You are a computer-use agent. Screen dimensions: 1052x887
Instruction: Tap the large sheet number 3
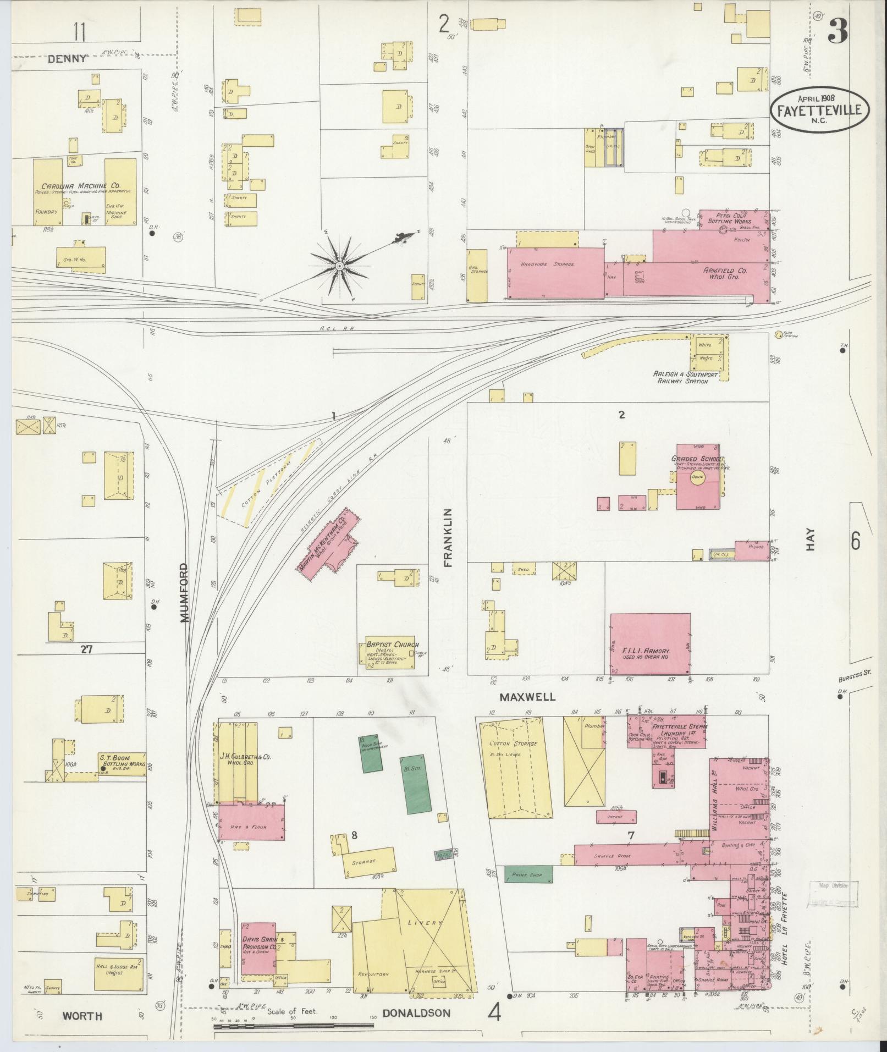(x=838, y=32)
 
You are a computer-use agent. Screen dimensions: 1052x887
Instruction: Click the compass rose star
(x=340, y=266)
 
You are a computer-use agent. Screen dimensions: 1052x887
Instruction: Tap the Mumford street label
(x=184, y=592)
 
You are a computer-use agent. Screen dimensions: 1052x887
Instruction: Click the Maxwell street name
(x=527, y=697)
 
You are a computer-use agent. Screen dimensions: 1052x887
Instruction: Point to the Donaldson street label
(x=416, y=1012)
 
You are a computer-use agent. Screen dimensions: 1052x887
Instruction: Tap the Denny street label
(x=67, y=58)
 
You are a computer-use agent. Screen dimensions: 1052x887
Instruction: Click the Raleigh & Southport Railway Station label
(x=681, y=377)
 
